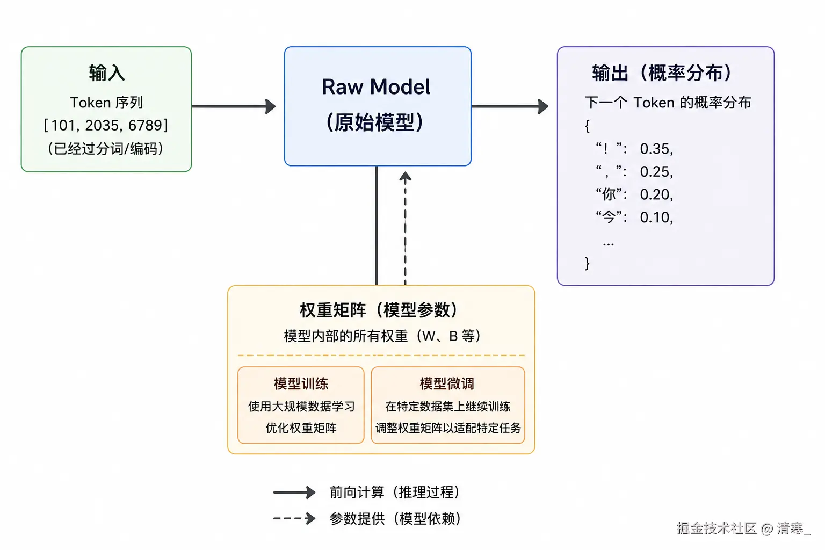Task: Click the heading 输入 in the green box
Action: [x=106, y=73]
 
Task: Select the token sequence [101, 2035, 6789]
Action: [x=106, y=125]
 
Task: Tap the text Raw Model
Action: [x=376, y=87]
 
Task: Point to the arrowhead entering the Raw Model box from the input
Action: [x=271, y=106]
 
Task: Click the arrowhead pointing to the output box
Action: [x=543, y=106]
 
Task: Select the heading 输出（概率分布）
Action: [x=662, y=73]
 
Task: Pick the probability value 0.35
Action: [x=656, y=149]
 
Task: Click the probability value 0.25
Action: [x=656, y=172]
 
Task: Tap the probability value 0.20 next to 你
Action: [x=656, y=194]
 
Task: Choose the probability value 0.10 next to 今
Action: [x=656, y=218]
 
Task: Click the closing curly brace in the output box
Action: [x=587, y=263]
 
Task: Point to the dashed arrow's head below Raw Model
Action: [x=406, y=177]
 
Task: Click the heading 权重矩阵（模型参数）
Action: [x=379, y=310]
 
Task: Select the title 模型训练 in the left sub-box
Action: [x=301, y=383]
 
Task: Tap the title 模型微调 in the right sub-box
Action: [x=447, y=383]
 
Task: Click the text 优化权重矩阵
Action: [x=301, y=428]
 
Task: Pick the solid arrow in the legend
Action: [x=294, y=492]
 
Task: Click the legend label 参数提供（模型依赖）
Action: [x=395, y=519]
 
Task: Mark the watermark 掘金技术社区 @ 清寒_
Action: [x=744, y=529]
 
